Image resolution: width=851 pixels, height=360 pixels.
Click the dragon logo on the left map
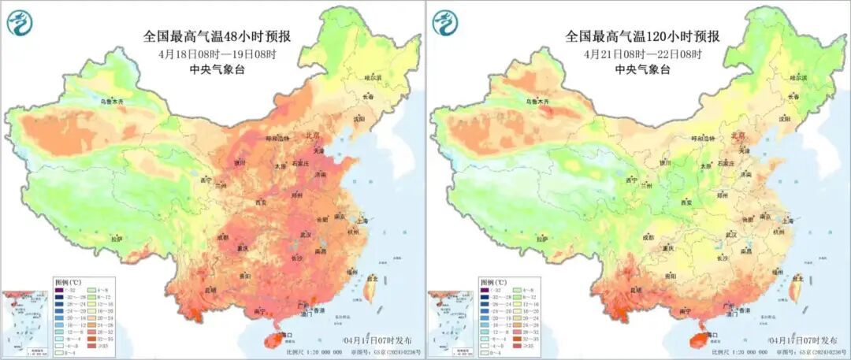coord(18,23)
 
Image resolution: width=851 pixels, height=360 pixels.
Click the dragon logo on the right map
coord(444,23)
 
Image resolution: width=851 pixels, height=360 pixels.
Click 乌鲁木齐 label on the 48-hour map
coord(111,102)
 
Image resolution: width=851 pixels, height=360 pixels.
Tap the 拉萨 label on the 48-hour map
coord(117,238)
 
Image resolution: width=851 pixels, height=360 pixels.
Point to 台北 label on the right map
coord(798,278)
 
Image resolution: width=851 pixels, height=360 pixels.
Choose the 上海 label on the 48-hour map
coord(363,221)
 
